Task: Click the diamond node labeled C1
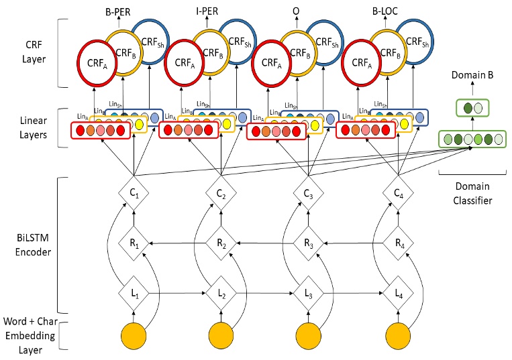pos(134,194)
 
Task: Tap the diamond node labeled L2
pos(221,293)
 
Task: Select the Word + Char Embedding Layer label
pos(30,334)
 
